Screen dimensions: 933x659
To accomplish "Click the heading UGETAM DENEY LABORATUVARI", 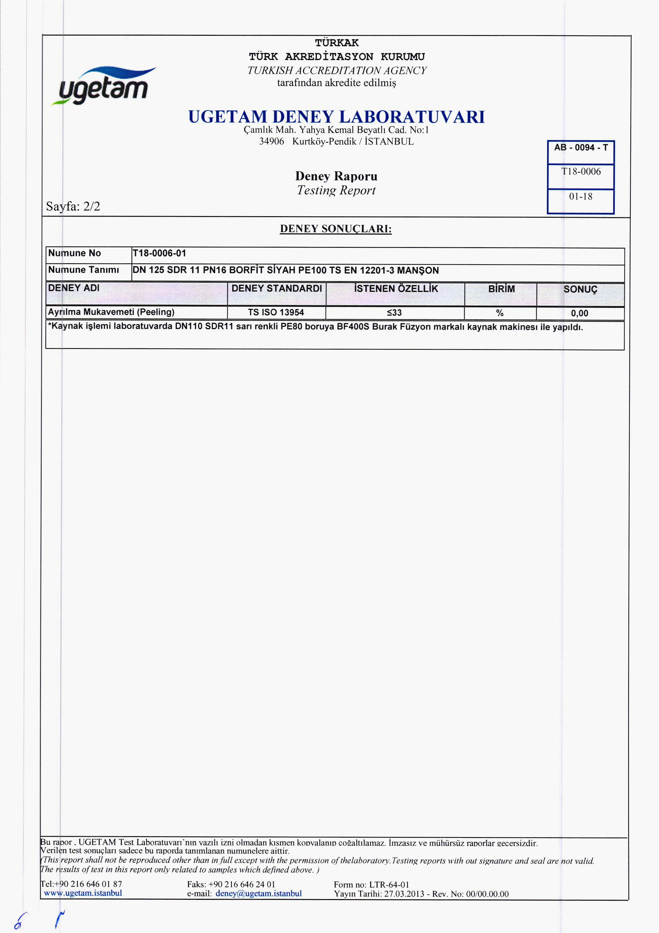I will pyautogui.click(x=336, y=117).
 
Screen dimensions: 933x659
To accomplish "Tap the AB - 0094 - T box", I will pyautogui.click(x=581, y=148).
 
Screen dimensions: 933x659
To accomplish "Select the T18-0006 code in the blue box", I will pyautogui.click(x=581, y=172).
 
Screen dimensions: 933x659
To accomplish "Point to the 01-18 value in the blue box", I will pyautogui.click(x=581, y=197).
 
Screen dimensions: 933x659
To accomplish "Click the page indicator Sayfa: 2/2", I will pyautogui.click(x=73, y=207).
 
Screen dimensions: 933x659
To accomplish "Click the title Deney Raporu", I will pyautogui.click(x=336, y=176).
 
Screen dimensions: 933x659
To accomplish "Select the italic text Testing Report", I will pyautogui.click(x=336, y=190).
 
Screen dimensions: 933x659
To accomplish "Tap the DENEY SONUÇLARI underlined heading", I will pyautogui.click(x=336, y=229).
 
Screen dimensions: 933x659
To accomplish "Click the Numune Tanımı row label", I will pyautogui.click(x=84, y=270).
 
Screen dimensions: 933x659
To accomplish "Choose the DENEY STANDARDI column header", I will pyautogui.click(x=277, y=289).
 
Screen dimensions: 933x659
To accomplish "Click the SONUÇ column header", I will pyautogui.click(x=580, y=290).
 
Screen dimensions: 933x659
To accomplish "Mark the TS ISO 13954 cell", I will pyautogui.click(x=276, y=313).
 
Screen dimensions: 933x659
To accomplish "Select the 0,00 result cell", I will pyautogui.click(x=579, y=313).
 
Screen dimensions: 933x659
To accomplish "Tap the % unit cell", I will pyautogui.click(x=500, y=313).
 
